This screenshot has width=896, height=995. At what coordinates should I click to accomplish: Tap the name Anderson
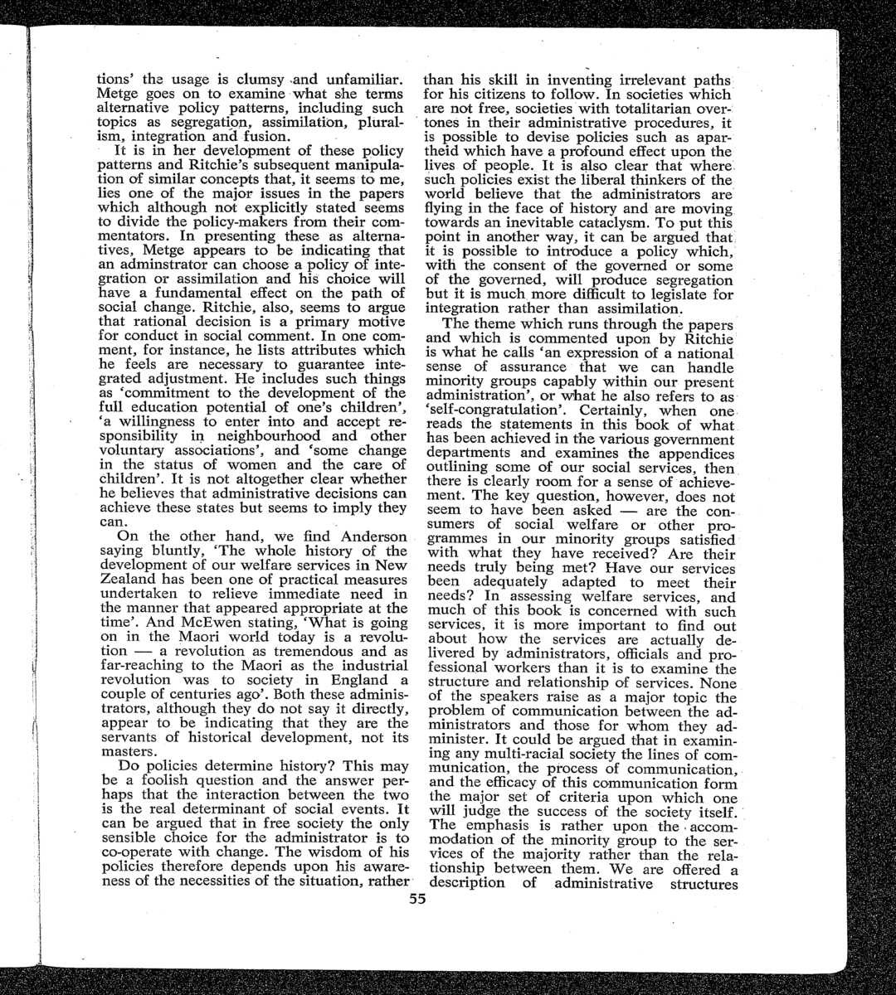pos(369,536)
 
